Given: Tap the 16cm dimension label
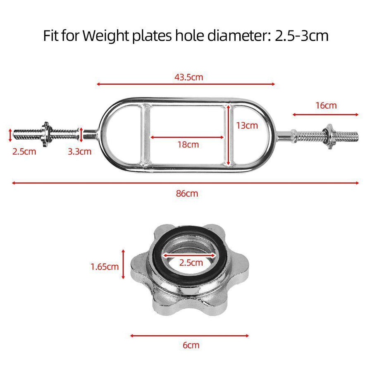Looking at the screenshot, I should (x=326, y=105).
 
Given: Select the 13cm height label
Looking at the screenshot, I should (x=247, y=125).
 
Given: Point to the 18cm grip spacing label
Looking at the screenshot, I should (x=188, y=144).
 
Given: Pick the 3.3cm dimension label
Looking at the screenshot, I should (x=79, y=151).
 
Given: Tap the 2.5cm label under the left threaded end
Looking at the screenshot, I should (x=24, y=151).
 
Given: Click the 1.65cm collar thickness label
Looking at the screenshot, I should (x=105, y=267).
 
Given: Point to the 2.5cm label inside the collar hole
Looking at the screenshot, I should (x=191, y=262).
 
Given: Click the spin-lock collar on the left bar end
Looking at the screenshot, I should (x=46, y=133).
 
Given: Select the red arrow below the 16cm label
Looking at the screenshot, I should (x=326, y=115).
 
